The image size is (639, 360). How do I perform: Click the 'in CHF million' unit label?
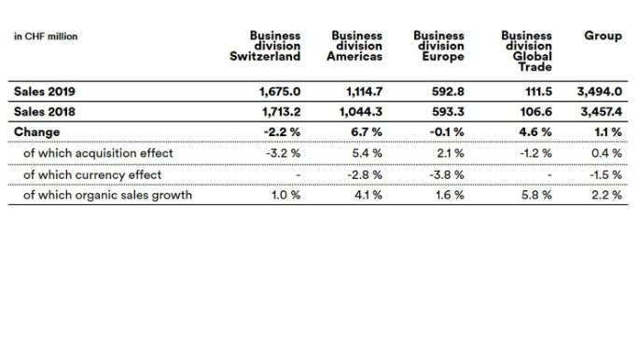[x=45, y=36]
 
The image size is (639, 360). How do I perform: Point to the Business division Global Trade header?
[x=527, y=50]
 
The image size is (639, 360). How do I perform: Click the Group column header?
[x=603, y=35]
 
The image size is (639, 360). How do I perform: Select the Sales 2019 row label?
[x=44, y=91]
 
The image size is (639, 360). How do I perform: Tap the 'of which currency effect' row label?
[x=92, y=174]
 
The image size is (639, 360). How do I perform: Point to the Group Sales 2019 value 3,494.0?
[x=602, y=91]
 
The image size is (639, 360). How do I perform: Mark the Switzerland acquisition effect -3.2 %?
[x=281, y=153]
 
